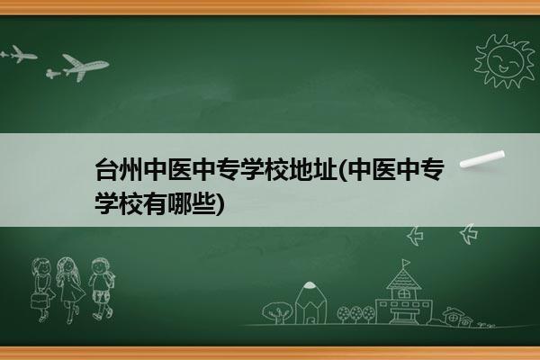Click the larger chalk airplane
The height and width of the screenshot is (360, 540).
pyautogui.click(x=85, y=67)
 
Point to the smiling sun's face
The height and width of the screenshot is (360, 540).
pyautogui.click(x=505, y=60)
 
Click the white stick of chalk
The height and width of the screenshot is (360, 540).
pyautogui.click(x=482, y=158)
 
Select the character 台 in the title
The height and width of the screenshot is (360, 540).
pyautogui.click(x=106, y=169)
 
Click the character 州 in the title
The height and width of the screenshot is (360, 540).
pyautogui.click(x=130, y=169)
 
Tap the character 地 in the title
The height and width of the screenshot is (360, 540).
pyautogui.click(x=301, y=169)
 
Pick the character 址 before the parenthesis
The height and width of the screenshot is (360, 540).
pyautogui.click(x=325, y=169)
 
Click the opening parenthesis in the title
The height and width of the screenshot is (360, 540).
pyautogui.click(x=343, y=170)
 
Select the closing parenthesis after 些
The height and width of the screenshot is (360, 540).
pyautogui.click(x=220, y=203)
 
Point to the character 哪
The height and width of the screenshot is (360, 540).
pyautogui.click(x=179, y=203)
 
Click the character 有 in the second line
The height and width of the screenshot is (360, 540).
pyautogui.click(x=155, y=203)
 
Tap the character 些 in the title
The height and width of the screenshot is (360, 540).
pyautogui.click(x=203, y=203)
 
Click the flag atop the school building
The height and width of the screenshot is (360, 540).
pyautogui.click(x=407, y=263)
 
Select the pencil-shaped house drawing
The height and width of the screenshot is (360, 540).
pyautogui.click(x=310, y=302)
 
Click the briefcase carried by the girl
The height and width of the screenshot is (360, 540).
pyautogui.click(x=39, y=301)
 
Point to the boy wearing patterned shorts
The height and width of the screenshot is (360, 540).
pyautogui.click(x=101, y=288)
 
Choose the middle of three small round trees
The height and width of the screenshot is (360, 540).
pyautogui.click(x=356, y=314)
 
